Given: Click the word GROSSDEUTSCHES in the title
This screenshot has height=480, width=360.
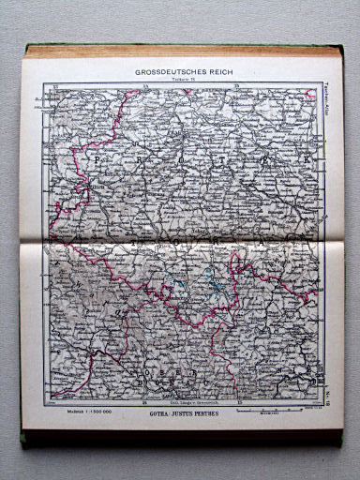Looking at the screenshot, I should (164, 70).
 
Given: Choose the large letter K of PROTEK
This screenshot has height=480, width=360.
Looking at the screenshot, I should (310, 162).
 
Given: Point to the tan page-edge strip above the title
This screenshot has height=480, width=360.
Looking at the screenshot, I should (178, 51).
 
